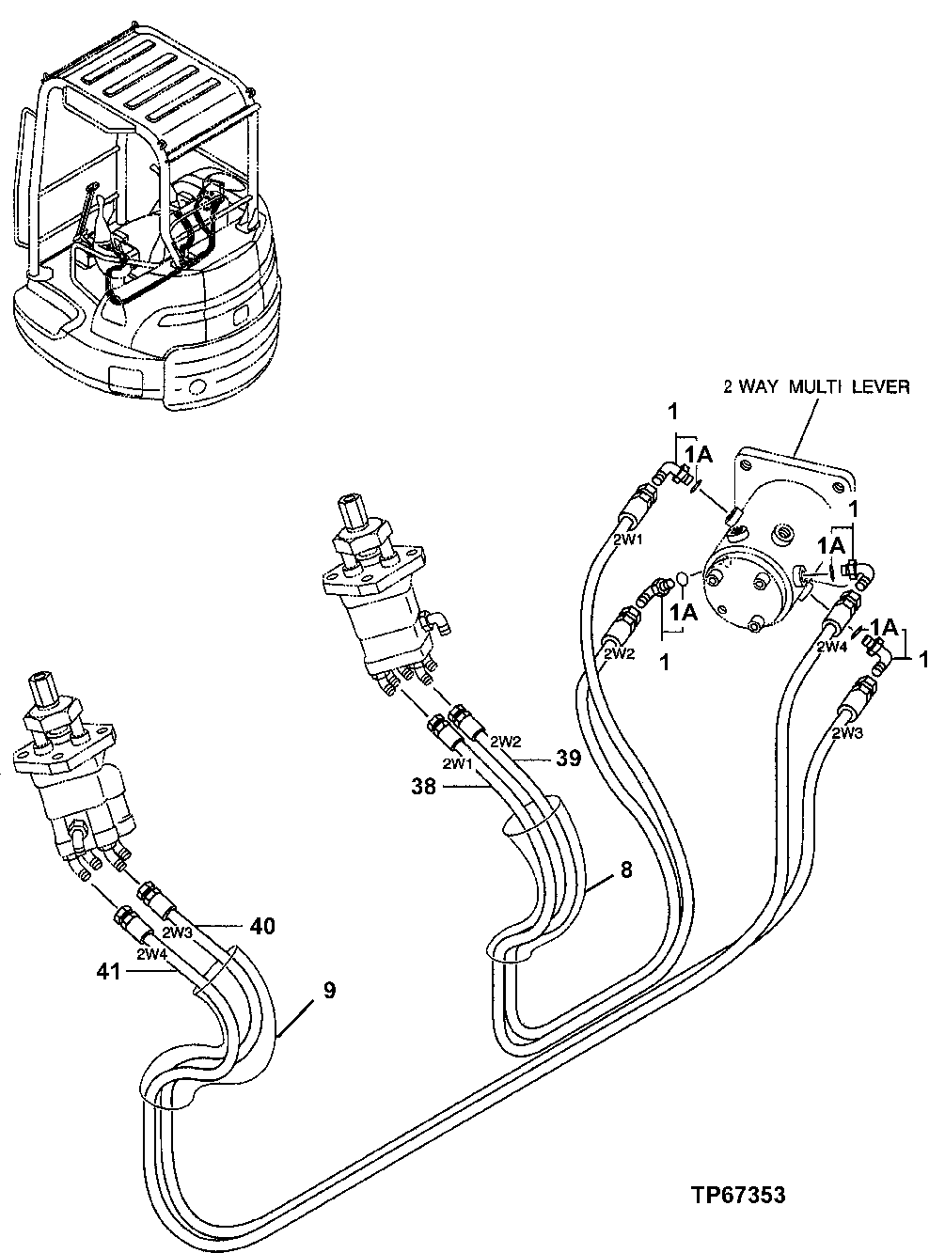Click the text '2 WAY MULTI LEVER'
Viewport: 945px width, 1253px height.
(x=815, y=386)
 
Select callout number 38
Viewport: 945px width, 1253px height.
(x=425, y=787)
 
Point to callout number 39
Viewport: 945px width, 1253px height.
(x=568, y=758)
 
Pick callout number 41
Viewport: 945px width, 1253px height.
(x=108, y=972)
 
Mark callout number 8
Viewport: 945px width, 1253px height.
(x=625, y=870)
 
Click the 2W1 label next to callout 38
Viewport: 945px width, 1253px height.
(x=459, y=763)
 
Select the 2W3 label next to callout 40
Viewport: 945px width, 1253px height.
(x=180, y=932)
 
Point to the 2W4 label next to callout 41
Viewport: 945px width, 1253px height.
(x=153, y=953)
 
